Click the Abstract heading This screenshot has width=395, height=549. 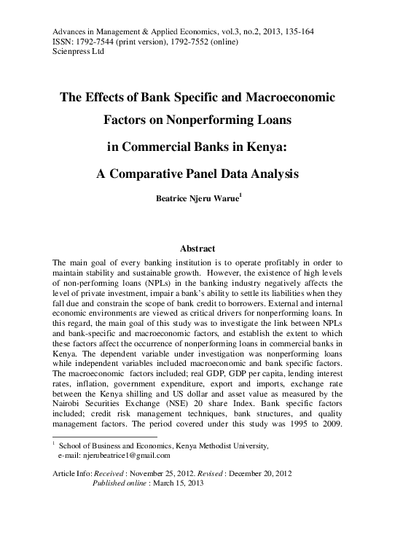tap(196, 248)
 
